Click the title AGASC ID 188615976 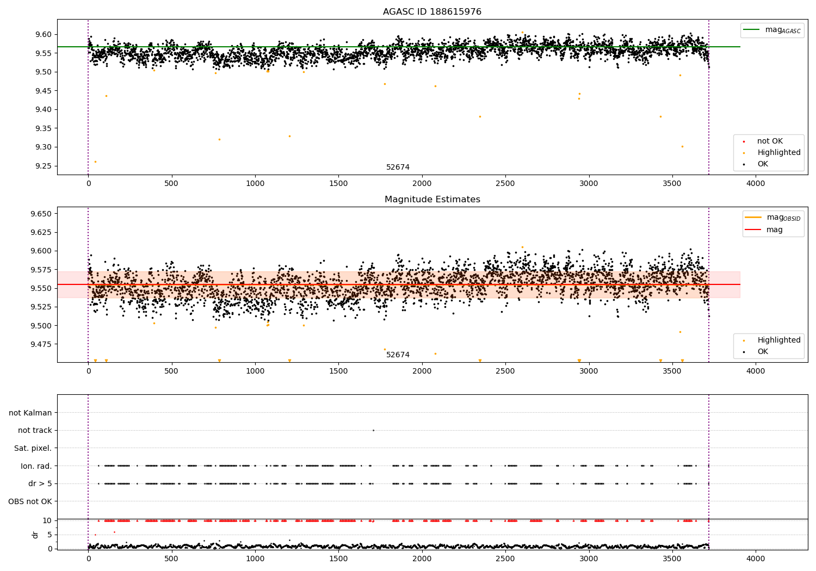click(432, 12)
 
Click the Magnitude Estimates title click(432, 200)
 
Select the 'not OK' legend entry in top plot click(769, 141)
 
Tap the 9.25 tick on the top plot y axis click(44, 166)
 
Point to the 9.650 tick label click(41, 214)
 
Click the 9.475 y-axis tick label click(41, 344)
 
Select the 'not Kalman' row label click(30, 413)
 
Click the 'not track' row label click(35, 430)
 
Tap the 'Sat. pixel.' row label click(33, 448)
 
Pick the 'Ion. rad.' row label click(36, 466)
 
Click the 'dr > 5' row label click(40, 483)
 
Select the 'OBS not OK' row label click(30, 501)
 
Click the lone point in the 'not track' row click(373, 430)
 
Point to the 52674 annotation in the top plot click(398, 167)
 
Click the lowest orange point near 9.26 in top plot click(95, 162)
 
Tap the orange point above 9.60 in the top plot click(522, 32)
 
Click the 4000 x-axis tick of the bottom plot click(755, 558)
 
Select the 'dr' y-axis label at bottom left click(35, 535)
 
